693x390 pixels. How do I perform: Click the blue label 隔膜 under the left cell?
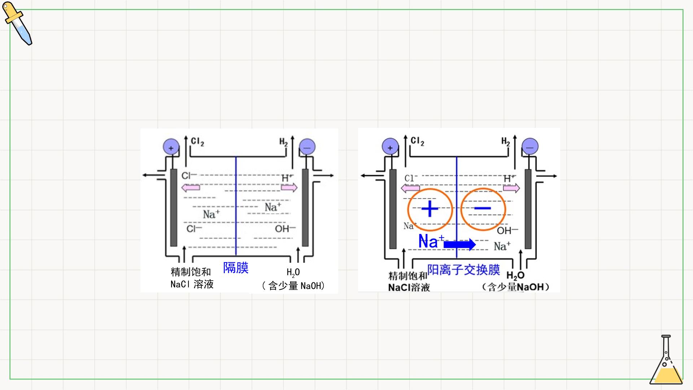pyautogui.click(x=236, y=268)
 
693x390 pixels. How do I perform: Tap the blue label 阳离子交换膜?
pyautogui.click(x=463, y=269)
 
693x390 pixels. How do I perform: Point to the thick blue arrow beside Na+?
pyautogui.click(x=460, y=244)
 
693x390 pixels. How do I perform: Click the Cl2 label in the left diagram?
pyautogui.click(x=197, y=142)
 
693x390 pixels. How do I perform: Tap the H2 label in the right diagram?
pyautogui.click(x=506, y=142)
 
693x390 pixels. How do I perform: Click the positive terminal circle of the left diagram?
pyautogui.click(x=171, y=147)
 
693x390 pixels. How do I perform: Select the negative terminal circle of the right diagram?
pyautogui.click(x=530, y=147)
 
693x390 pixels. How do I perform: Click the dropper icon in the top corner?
pyautogui.click(x=17, y=23)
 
